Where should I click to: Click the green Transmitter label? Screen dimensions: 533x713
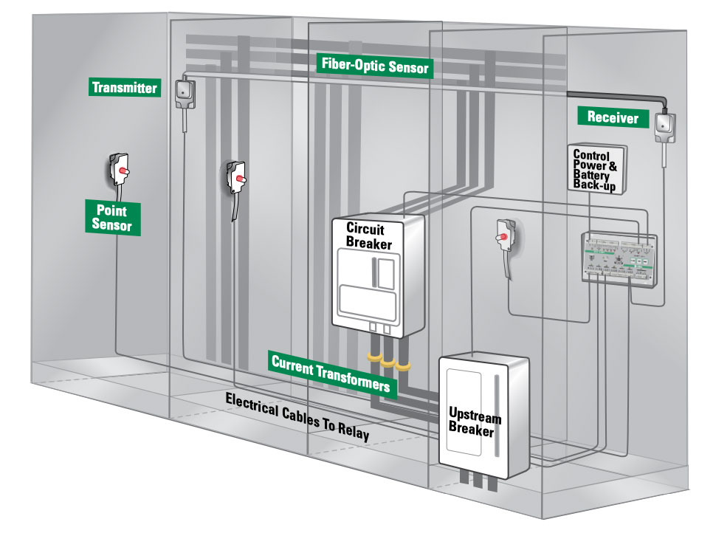point(124,88)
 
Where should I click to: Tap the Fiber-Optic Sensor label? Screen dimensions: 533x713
point(374,66)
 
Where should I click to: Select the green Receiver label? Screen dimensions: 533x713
point(612,116)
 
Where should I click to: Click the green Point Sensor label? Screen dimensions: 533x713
point(111,216)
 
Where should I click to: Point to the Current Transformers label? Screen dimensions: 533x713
point(330,374)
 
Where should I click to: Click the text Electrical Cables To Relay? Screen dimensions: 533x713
point(297,416)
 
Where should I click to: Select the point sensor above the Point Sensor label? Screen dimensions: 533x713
point(120,171)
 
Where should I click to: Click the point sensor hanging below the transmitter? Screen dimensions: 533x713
point(236,178)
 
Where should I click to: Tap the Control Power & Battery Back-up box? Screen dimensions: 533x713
point(596,168)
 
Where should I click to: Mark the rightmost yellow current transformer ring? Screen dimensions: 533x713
point(402,365)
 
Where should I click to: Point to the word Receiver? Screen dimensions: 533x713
point(612,116)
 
